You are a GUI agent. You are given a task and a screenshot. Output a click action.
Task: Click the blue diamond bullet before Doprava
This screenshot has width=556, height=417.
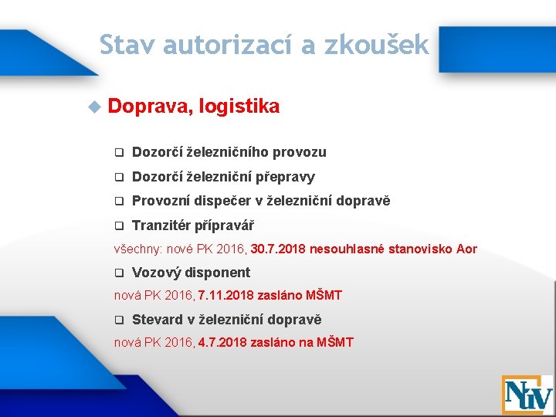[x=94, y=107]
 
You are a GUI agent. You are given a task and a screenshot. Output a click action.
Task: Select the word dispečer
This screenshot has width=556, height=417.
[x=230, y=201]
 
